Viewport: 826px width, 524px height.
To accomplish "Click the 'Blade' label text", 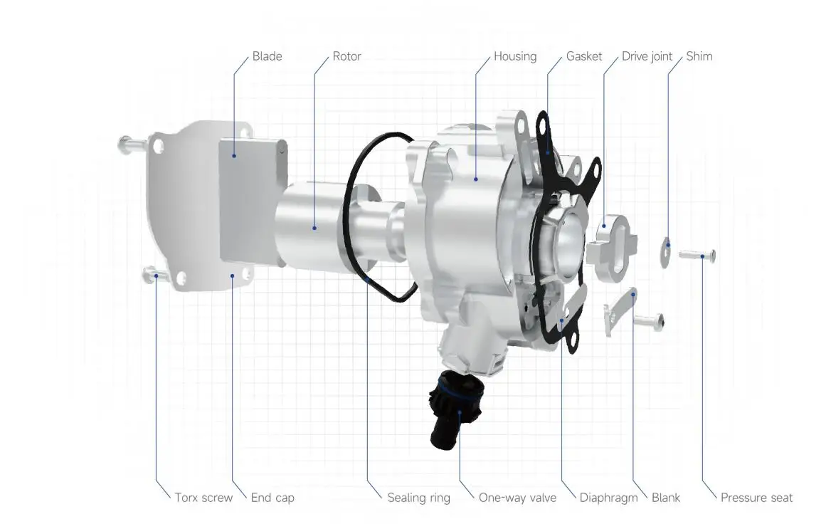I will coord(267,56).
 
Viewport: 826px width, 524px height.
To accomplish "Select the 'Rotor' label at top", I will coord(346,56).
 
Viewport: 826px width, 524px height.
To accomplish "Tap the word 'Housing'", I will coord(515,56).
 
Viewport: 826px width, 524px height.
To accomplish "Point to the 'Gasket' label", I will coord(584,56).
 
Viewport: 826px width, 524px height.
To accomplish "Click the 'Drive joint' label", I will coord(647,56).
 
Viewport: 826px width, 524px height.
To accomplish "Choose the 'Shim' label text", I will coord(699,56).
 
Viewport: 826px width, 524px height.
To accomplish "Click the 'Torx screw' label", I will coord(203,498).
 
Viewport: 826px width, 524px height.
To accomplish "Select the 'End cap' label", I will coord(272,498).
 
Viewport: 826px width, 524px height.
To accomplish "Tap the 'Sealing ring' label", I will coord(418,498).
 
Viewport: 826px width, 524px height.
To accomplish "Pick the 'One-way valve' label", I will coord(517,498).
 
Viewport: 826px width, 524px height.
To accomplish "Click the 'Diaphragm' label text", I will coord(608,498).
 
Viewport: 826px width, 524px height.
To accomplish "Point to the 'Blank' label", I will coord(666,498).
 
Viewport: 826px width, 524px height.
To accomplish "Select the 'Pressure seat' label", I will coord(756,498).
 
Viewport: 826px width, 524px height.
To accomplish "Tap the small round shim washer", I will coord(666,251).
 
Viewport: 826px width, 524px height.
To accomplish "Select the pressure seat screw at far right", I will coord(697,255).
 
